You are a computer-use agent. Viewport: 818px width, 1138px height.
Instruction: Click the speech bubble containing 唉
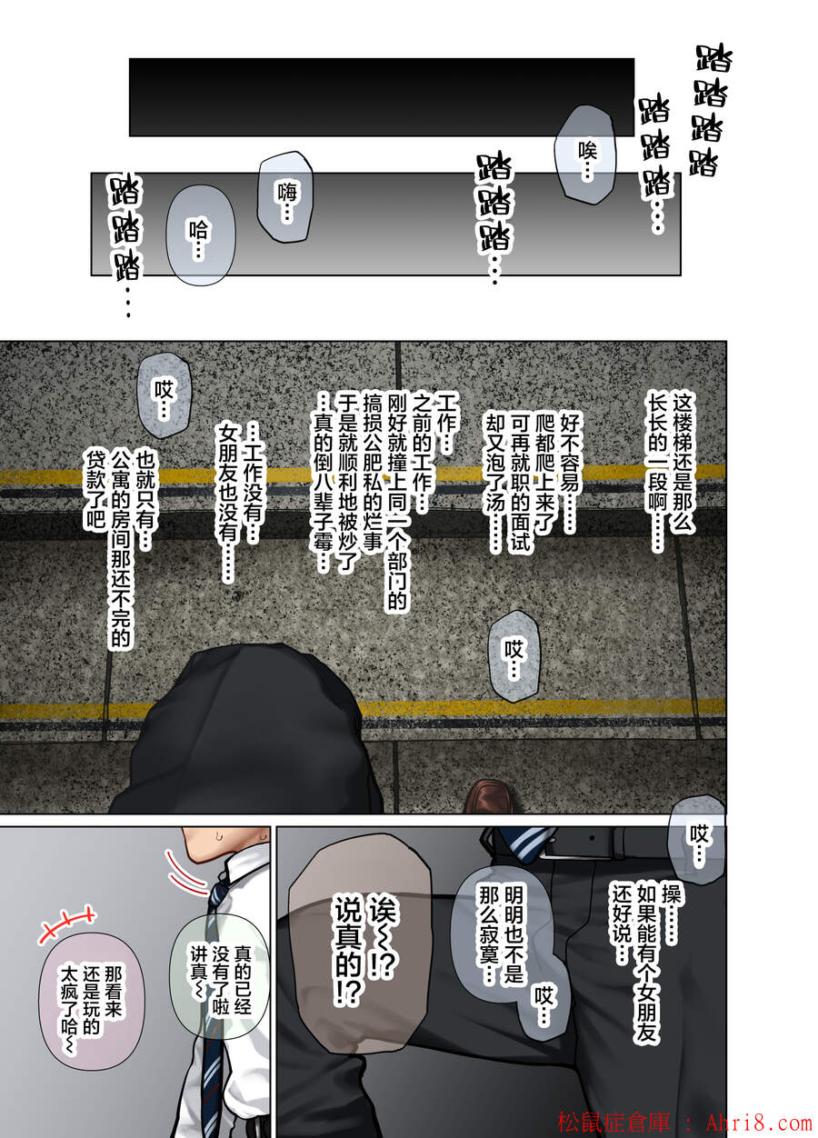584,155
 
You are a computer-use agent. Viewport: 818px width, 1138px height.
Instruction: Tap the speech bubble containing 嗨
285,197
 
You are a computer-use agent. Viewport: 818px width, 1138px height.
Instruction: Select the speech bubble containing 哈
200,235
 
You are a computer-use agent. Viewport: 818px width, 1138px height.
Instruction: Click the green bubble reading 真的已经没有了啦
219,980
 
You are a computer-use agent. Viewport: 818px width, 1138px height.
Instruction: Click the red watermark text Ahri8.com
759,1123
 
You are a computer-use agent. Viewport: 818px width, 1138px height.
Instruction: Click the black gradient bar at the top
382,97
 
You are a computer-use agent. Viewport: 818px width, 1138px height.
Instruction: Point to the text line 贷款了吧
95,489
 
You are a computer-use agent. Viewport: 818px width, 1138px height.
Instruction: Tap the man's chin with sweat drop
224,844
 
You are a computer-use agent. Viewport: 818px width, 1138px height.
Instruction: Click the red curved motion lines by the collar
185,874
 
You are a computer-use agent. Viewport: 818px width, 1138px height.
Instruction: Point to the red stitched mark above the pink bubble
66,921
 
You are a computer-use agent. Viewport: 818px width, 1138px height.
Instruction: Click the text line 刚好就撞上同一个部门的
397,502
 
